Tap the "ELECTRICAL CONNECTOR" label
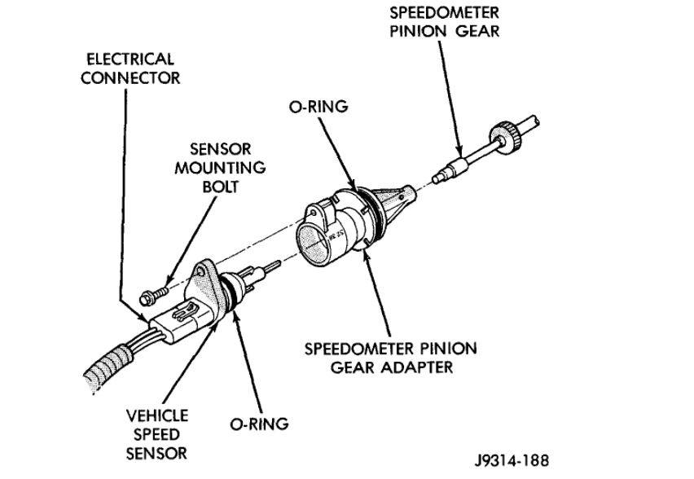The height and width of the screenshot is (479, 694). [x=130, y=68]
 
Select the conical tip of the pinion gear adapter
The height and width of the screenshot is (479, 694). [x=401, y=196]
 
